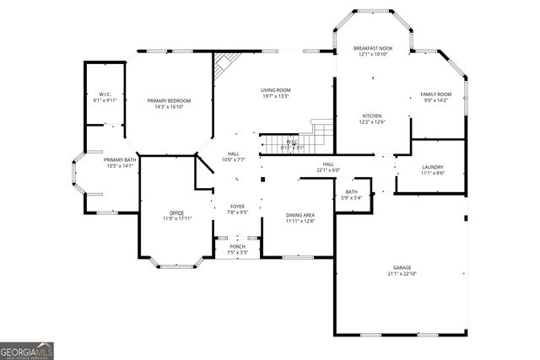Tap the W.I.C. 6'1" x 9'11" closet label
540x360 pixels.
click(x=105, y=97)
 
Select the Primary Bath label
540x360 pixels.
click(x=119, y=162)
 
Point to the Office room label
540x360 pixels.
click(x=176, y=215)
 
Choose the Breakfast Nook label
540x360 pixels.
click(x=371, y=51)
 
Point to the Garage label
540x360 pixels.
click(x=401, y=267)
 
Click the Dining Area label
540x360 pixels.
click(x=300, y=217)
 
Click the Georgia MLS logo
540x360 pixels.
click(x=27, y=351)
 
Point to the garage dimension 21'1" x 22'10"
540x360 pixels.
click(x=401, y=273)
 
